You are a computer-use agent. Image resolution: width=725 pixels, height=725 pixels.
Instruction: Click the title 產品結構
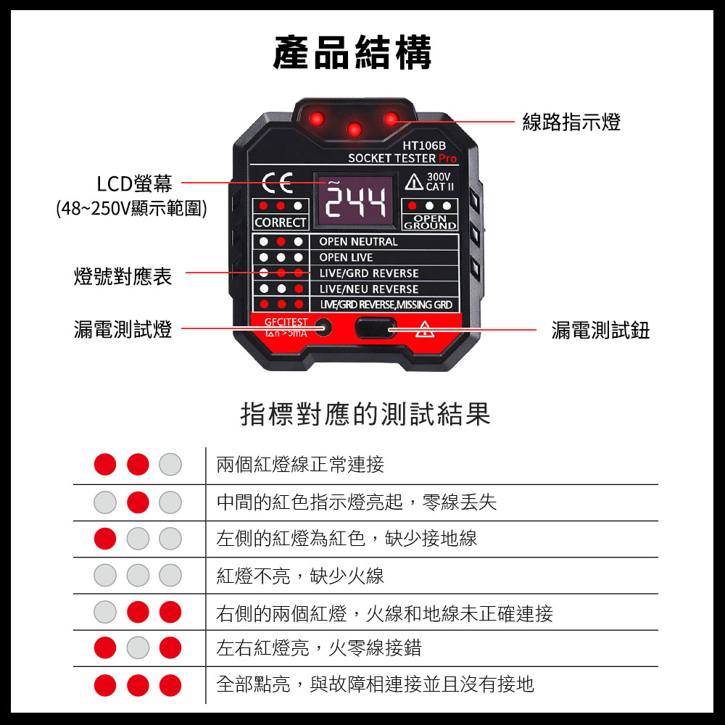click(x=352, y=52)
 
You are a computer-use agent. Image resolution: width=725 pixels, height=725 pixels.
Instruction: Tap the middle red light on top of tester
click(x=355, y=130)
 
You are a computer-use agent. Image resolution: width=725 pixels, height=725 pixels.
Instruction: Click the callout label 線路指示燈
click(x=571, y=122)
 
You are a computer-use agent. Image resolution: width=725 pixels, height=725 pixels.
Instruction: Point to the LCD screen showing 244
click(x=355, y=201)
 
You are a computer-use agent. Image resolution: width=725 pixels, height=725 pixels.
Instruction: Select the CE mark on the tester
click(x=278, y=183)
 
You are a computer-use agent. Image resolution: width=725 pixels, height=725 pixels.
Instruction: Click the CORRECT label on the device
click(x=280, y=223)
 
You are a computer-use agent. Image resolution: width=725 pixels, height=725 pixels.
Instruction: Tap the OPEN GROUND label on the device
click(x=430, y=222)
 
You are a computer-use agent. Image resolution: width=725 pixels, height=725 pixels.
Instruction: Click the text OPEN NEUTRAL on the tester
click(x=358, y=241)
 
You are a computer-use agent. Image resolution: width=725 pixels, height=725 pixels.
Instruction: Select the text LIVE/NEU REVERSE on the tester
click(x=368, y=289)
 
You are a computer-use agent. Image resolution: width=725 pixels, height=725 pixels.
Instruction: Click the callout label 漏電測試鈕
click(x=600, y=330)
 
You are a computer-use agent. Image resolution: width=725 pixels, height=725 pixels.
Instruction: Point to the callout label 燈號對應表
click(x=123, y=276)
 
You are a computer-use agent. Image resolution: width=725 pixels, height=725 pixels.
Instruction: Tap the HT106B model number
click(x=424, y=146)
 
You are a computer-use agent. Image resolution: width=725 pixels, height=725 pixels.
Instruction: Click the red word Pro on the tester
click(x=447, y=158)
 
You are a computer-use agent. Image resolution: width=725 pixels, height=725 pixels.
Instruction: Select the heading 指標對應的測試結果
click(x=365, y=414)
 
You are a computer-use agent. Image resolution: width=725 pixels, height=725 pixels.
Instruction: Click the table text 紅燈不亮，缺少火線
click(x=300, y=576)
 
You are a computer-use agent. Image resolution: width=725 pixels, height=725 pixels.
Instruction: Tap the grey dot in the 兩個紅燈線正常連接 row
click(x=170, y=464)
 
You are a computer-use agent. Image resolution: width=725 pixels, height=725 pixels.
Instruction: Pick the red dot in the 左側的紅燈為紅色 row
click(x=105, y=539)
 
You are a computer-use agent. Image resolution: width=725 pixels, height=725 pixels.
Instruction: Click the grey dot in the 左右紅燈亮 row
click(x=138, y=647)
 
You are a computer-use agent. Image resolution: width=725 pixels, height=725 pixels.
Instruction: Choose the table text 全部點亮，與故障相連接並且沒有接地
click(x=375, y=684)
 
